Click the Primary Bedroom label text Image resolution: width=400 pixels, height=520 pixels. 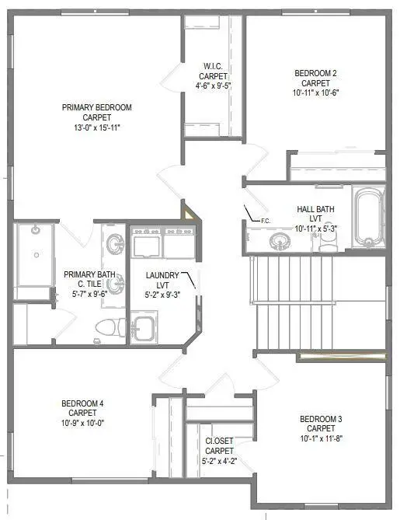coord(97,106)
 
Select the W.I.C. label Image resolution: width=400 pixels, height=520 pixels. coord(214,65)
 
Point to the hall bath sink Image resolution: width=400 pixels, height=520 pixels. coord(279,241)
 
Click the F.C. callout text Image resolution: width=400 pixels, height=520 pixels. coord(265,221)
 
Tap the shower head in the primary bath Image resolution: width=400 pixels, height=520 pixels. coord(35,231)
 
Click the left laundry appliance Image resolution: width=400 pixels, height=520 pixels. coord(145,244)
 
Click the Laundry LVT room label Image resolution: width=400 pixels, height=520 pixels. coord(162,275)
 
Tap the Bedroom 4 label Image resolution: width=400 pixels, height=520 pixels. coord(82,403)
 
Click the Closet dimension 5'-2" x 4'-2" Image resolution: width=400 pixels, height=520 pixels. coord(220,461)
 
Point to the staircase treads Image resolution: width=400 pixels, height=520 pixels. coord(292,303)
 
